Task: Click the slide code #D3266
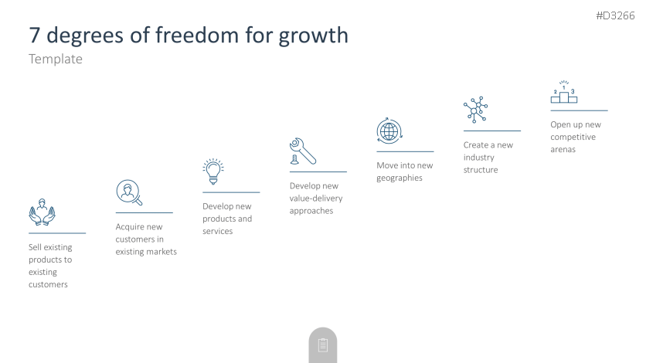pyautogui.click(x=615, y=16)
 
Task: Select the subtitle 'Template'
pyautogui.click(x=56, y=59)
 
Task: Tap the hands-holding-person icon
pyautogui.click(x=42, y=212)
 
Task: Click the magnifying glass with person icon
pyautogui.click(x=129, y=192)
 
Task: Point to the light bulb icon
pyautogui.click(x=213, y=171)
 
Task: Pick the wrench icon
pyautogui.click(x=303, y=151)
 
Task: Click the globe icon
pyautogui.click(x=389, y=131)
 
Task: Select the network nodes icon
pyautogui.click(x=475, y=110)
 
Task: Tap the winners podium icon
pyautogui.click(x=564, y=92)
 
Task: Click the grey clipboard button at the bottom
pyautogui.click(x=322, y=345)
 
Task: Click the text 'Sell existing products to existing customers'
pyautogui.click(x=50, y=266)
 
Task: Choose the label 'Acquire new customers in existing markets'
pyautogui.click(x=146, y=239)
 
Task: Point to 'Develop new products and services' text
pyautogui.click(x=227, y=219)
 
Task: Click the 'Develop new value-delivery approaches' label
pyautogui.click(x=316, y=198)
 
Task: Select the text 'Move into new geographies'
pyautogui.click(x=405, y=171)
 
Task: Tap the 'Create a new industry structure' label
pyautogui.click(x=488, y=158)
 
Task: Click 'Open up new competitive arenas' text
pyautogui.click(x=576, y=137)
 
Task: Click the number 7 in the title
pyautogui.click(x=34, y=36)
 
